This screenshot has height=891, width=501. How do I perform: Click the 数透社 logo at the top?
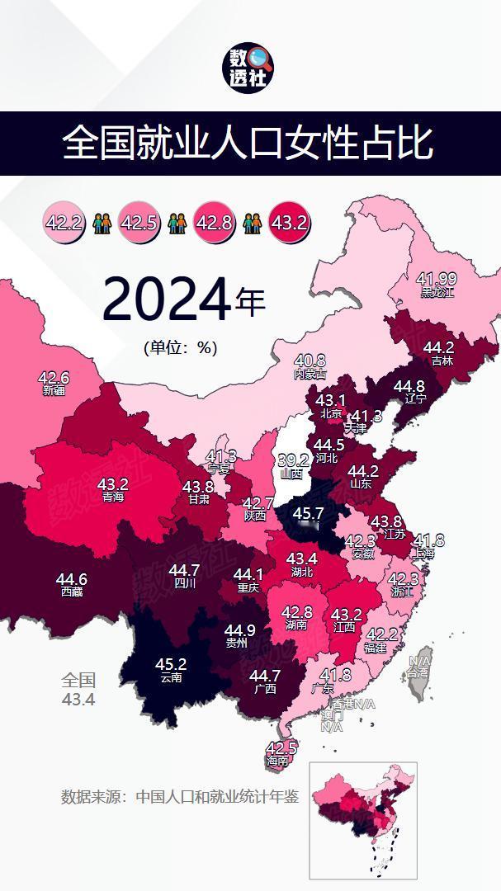pos(250,68)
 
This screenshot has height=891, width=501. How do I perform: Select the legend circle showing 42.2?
pos(64,223)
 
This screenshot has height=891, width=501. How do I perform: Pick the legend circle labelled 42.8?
pos(214,223)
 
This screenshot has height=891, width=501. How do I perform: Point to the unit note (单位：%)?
pos(180,347)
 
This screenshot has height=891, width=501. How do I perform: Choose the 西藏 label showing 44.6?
pos(71,583)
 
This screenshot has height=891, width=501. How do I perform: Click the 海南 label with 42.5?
pos(281,753)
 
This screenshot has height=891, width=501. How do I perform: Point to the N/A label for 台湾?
pos(419,666)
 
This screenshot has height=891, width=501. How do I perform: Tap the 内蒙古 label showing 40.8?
pos(310,365)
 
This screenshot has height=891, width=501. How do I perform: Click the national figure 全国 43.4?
pos(78,690)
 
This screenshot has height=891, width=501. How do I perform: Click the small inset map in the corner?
pos(363,819)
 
